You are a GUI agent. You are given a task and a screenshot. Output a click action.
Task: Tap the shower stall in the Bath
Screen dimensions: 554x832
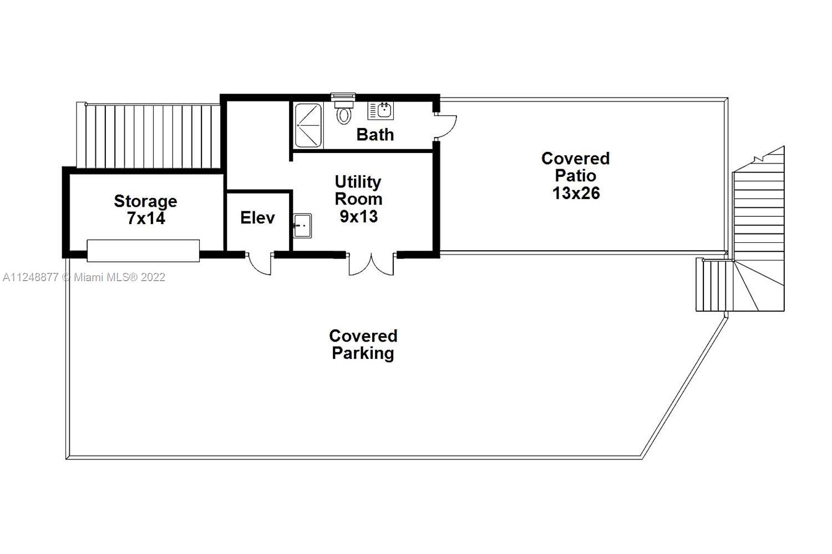tap(308, 125)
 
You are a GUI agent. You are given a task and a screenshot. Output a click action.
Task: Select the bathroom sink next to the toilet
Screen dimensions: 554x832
tap(381, 110)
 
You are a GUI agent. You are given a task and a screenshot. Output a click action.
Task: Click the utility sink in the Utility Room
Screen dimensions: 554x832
tap(302, 226)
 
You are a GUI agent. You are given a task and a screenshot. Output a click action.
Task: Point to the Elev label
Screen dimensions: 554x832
tap(257, 217)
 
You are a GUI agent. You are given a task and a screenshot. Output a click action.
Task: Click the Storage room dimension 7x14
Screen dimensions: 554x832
tap(145, 218)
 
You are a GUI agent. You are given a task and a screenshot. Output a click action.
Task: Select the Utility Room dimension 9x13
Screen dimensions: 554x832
tap(358, 216)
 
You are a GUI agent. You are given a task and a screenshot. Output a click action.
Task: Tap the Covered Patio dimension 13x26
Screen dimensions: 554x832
tap(576, 193)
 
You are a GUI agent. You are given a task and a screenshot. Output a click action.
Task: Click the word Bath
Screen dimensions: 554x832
tap(375, 134)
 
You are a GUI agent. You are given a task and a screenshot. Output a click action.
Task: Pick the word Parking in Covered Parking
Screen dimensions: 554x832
tap(363, 353)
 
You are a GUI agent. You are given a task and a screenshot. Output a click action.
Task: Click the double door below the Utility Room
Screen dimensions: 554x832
tap(371, 265)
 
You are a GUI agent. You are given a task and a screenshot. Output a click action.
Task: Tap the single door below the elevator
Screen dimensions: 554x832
tap(259, 264)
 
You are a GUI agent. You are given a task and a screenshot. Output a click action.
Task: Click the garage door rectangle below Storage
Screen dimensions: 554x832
tap(143, 251)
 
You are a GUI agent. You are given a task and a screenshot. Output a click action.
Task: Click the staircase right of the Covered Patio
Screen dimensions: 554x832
tap(758, 233)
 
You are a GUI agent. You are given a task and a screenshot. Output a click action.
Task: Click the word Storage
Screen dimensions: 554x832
tap(145, 201)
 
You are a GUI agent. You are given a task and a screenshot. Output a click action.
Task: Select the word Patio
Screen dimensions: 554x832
tap(576, 176)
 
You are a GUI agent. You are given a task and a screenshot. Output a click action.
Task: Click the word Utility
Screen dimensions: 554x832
tap(358, 181)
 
